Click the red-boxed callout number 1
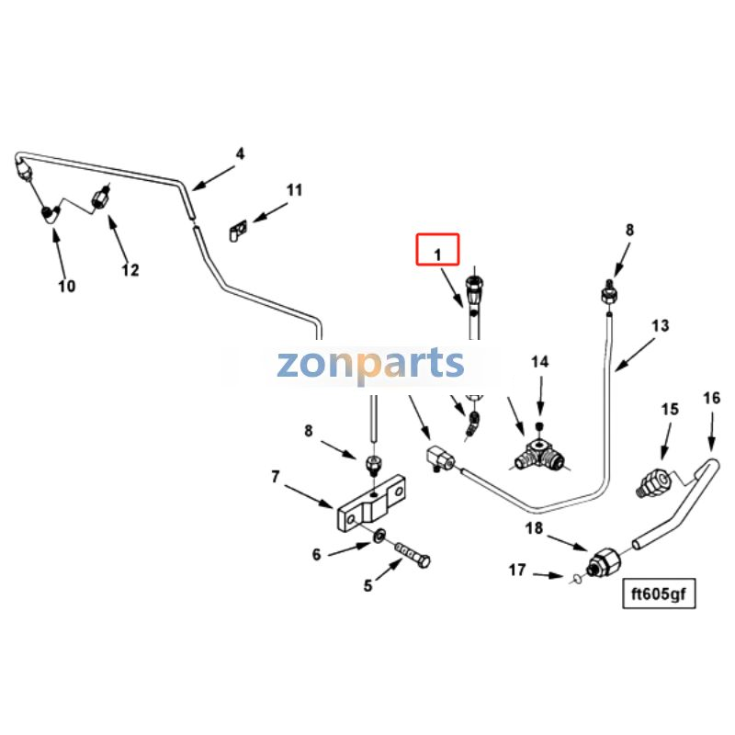click(x=438, y=254)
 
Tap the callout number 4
click(x=240, y=153)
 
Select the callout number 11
click(x=294, y=190)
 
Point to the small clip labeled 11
click(x=239, y=231)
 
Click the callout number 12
click(x=130, y=270)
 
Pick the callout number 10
click(x=66, y=286)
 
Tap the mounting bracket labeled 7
click(x=371, y=503)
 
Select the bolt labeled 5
click(x=413, y=555)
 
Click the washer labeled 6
click(x=379, y=536)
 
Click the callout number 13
click(x=661, y=326)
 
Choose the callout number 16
click(x=711, y=398)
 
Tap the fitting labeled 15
click(x=655, y=484)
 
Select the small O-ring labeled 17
click(x=577, y=580)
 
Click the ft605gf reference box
click(x=659, y=594)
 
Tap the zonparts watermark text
click(x=370, y=364)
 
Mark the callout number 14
click(x=539, y=362)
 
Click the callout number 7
click(x=276, y=476)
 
